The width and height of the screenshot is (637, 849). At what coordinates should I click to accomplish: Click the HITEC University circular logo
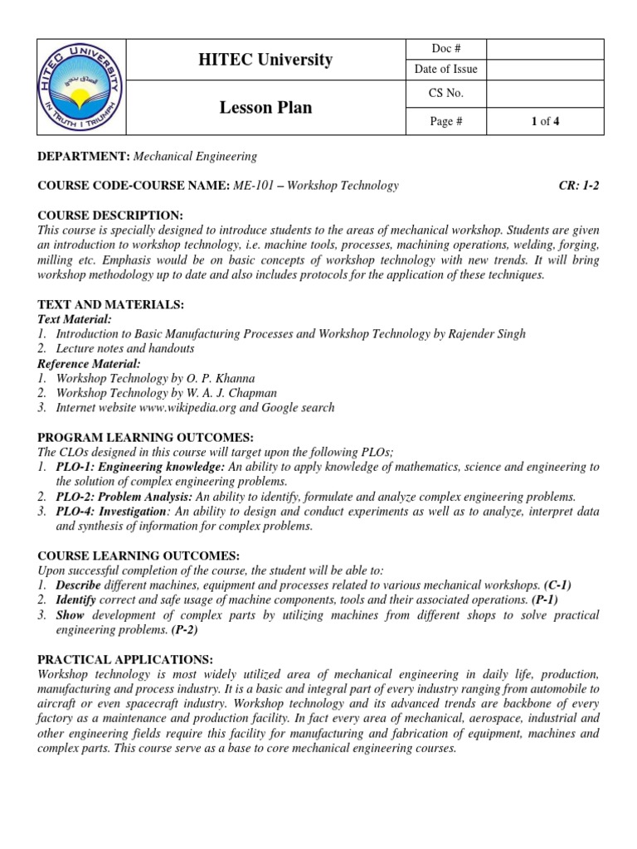click(x=80, y=87)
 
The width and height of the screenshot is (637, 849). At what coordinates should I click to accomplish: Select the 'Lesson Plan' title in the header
click(x=265, y=107)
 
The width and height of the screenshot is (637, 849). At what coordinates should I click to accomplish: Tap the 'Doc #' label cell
click(x=446, y=50)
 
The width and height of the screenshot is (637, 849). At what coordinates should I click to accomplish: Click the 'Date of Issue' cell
click(x=446, y=70)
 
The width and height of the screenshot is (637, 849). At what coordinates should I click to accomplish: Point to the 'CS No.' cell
click(x=446, y=93)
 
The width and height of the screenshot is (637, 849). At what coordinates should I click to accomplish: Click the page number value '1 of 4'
click(x=545, y=122)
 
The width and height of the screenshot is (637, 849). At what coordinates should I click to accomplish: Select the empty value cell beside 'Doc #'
click(x=545, y=50)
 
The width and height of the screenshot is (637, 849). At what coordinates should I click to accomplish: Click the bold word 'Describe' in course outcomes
click(x=78, y=585)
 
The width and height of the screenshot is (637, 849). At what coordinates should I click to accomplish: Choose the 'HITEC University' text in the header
click(x=265, y=60)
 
